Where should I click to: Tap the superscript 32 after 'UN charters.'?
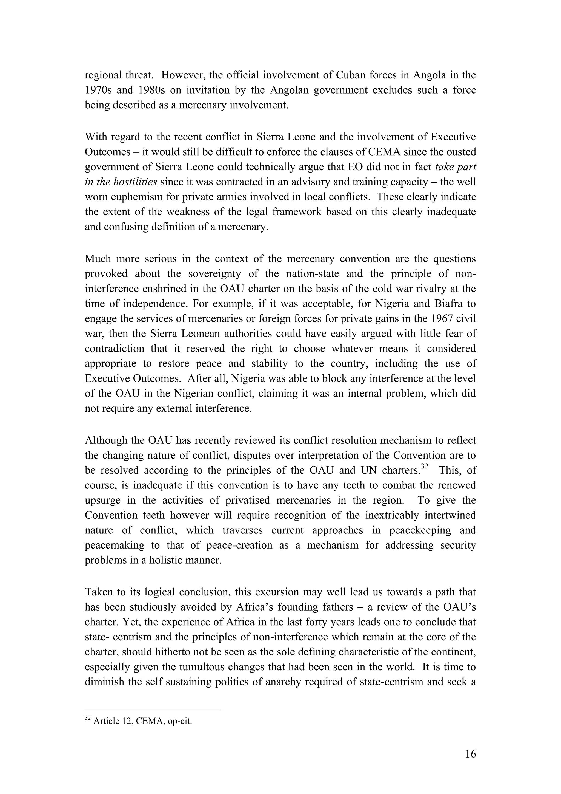pyautogui.click(x=425, y=467)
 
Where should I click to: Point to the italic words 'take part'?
pyautogui.click(x=456, y=167)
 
